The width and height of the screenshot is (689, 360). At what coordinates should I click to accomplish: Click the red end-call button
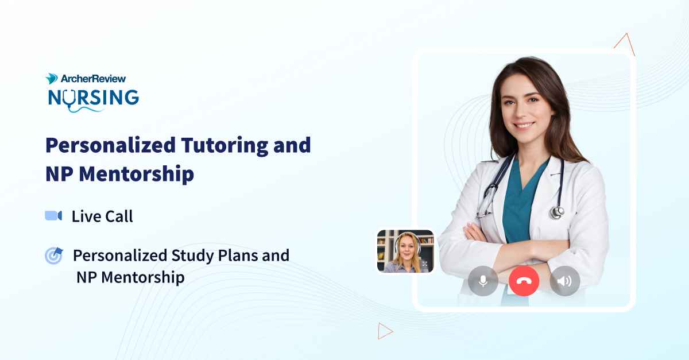coord(524,281)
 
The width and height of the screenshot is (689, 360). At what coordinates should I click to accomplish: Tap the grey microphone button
coord(483,281)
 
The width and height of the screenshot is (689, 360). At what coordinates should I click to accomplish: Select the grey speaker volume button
coord(564,281)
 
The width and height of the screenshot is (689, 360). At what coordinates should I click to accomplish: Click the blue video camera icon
coord(53,216)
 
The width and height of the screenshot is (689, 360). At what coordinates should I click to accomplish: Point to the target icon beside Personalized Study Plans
coord(53,256)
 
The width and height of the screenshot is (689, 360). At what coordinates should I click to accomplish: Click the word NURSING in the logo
coord(93,97)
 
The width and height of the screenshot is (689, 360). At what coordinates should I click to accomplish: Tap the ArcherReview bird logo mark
coord(52,79)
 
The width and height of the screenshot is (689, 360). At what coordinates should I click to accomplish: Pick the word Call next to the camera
coord(118,216)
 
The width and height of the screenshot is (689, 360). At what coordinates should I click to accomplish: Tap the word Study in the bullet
coord(192,256)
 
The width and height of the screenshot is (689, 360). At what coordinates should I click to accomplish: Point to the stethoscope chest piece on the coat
coord(556,212)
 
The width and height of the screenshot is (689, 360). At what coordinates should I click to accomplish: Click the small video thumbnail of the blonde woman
coord(405,251)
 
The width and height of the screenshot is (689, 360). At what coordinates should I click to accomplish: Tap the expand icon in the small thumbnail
coord(424,264)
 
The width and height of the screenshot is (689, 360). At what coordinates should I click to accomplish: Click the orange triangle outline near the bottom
coord(384,331)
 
